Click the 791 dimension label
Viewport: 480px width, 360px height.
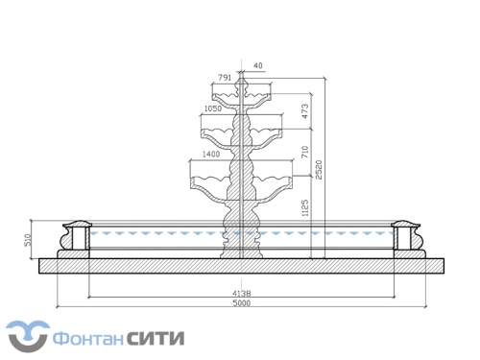pos(224,76)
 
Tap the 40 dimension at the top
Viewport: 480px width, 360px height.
pos(257,66)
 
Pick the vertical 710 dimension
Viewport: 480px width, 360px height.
pos(305,151)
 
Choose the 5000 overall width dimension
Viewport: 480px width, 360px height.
pos(242,303)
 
